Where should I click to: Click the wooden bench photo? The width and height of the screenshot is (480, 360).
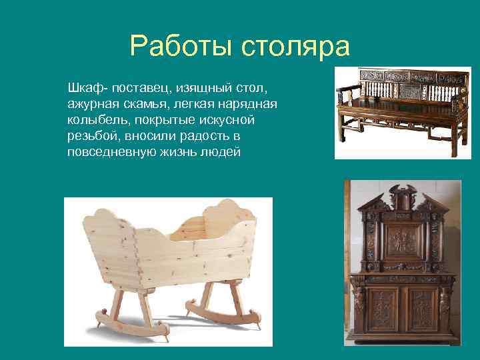click(402, 111)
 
